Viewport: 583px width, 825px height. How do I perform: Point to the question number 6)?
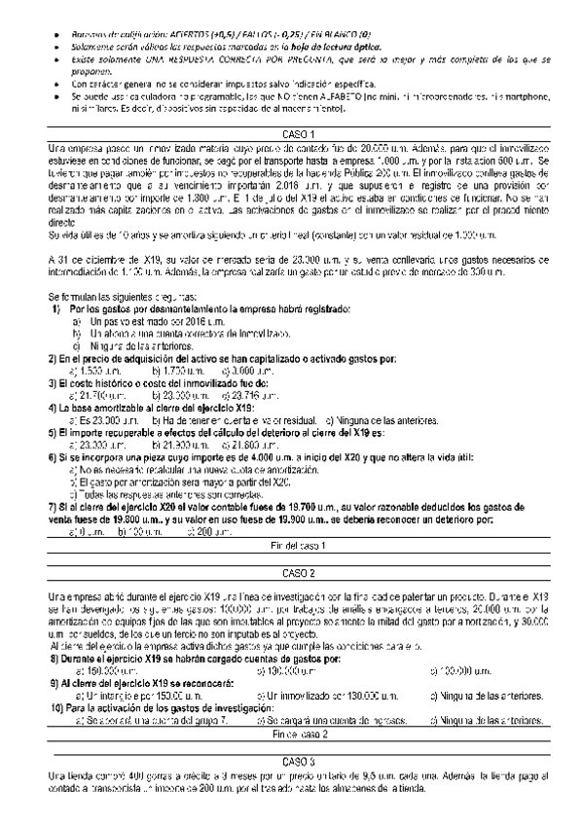[x=53, y=456]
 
